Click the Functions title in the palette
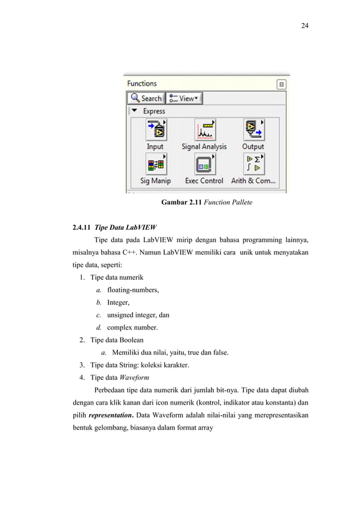tap(142, 84)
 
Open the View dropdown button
tap(184, 98)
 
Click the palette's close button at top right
tap(282, 84)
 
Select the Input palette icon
tap(155, 130)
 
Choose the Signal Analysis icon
tap(204, 130)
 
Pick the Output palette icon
tap(253, 130)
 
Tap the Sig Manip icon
tap(155, 165)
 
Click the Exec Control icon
tap(204, 165)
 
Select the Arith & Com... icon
tap(253, 165)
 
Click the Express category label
tap(153, 112)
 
